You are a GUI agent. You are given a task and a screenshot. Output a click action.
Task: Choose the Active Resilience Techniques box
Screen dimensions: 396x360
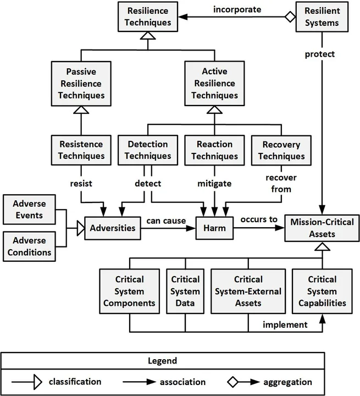click(x=212, y=84)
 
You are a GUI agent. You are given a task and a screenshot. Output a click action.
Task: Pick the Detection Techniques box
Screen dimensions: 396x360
click(x=147, y=150)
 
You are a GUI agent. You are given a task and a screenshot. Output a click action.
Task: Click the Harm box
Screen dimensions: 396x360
click(x=215, y=227)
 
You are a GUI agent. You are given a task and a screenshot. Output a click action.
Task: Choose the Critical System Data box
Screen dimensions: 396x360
click(x=185, y=291)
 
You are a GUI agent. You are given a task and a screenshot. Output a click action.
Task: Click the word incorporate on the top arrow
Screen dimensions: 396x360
click(x=237, y=9)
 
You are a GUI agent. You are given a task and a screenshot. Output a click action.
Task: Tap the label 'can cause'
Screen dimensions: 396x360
click(x=166, y=221)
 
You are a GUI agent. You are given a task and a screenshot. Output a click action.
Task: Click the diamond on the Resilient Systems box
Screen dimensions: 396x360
click(x=290, y=17)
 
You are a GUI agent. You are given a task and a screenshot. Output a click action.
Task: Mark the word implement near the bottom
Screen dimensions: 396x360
click(x=285, y=324)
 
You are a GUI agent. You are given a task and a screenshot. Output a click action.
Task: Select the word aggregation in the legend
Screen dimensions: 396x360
click(x=287, y=382)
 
